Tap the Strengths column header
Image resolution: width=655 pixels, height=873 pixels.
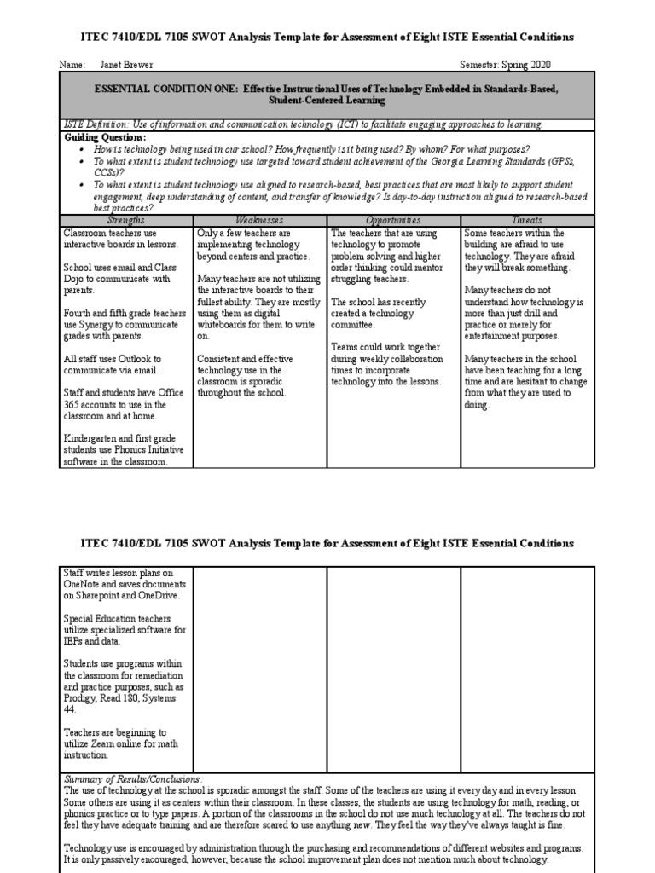click(x=127, y=220)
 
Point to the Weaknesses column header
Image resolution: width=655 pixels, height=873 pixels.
click(x=260, y=220)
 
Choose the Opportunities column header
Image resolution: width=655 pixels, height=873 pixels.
click(x=393, y=220)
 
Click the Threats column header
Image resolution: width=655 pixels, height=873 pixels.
click(x=526, y=220)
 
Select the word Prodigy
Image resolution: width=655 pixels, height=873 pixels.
click(x=82, y=697)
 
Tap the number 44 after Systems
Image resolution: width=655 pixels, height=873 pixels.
click(x=70, y=709)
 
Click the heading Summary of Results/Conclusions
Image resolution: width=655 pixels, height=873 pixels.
click(x=133, y=778)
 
